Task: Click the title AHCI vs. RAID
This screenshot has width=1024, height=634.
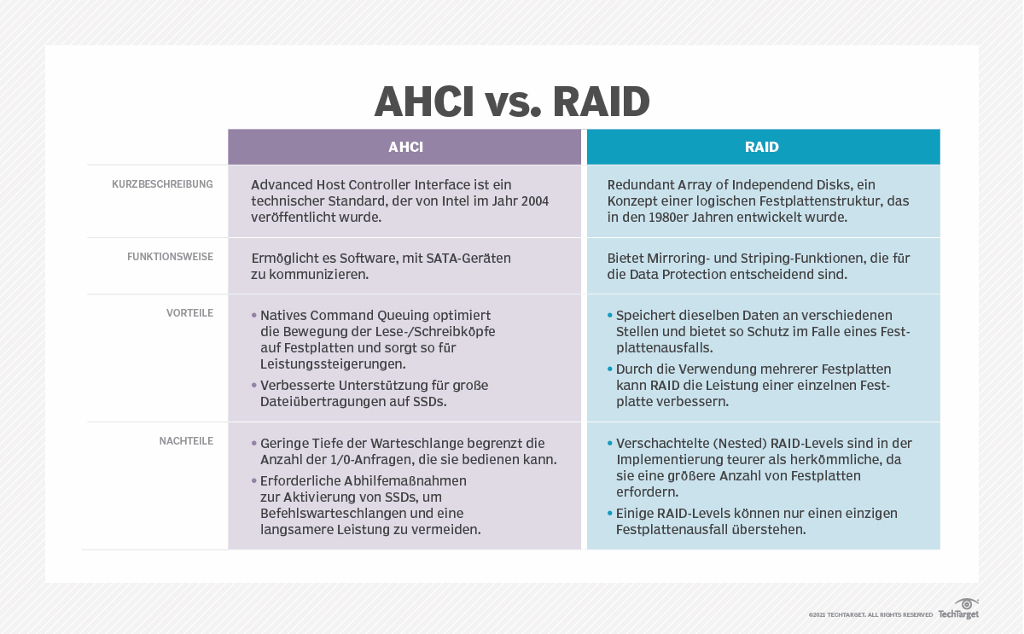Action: [x=512, y=102]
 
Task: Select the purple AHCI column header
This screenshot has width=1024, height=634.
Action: [x=405, y=147]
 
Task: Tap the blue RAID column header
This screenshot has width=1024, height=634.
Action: [x=762, y=147]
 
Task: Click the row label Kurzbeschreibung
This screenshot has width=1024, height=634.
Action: [x=162, y=184]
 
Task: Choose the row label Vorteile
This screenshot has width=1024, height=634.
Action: [x=189, y=313]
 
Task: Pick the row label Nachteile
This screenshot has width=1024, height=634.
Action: [x=186, y=441]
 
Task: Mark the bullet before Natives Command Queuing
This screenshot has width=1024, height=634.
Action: [x=254, y=315]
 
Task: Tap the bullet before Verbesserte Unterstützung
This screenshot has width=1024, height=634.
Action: [x=254, y=386]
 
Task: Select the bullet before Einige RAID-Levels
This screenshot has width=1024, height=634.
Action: [x=609, y=514]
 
